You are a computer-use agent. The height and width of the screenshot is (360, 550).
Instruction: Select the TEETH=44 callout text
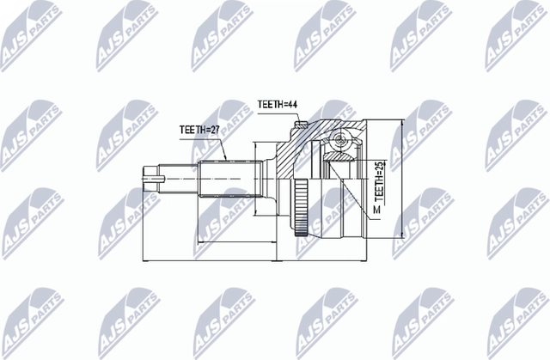278,106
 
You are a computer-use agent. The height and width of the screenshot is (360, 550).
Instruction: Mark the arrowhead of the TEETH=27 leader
224,160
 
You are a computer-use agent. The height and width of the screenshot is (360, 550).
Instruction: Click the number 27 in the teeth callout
216,130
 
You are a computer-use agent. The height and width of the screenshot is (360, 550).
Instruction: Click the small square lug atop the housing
301,128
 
